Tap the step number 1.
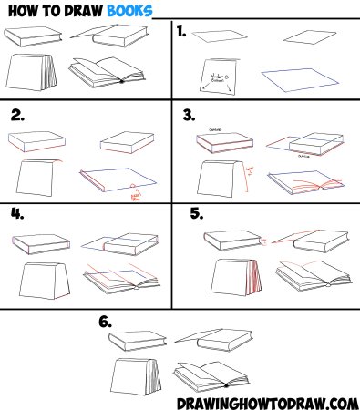tap(182, 32)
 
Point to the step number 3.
tap(190, 116)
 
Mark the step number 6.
tap(106, 322)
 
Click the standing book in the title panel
tap(34, 73)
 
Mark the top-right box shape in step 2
tap(124, 141)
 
